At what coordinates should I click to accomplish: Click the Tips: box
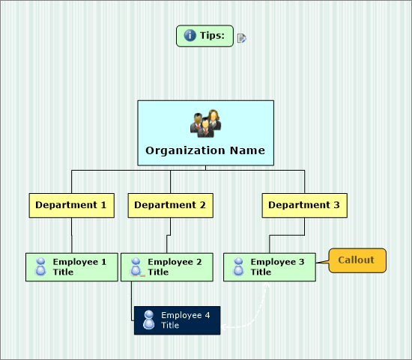205,36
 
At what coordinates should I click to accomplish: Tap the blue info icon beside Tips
190,35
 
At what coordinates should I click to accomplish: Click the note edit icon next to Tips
241,38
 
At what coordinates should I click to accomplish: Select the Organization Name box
205,133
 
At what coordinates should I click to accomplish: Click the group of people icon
206,123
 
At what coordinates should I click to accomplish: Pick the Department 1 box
71,205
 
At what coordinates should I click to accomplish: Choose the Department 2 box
170,205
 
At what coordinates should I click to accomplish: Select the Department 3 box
305,205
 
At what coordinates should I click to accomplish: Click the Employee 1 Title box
72,267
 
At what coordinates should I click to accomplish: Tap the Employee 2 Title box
167,267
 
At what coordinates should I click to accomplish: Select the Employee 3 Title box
270,267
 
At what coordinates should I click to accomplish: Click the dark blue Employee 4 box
177,320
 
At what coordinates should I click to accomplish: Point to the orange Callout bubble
357,260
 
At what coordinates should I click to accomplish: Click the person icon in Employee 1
40,266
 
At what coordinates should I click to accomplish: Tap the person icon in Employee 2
136,266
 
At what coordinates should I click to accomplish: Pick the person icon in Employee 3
238,266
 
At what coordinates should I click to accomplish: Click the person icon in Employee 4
149,320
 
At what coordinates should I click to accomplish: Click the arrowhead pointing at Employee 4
224,327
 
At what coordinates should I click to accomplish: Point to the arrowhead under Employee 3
267,284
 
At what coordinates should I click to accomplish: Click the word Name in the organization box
247,150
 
